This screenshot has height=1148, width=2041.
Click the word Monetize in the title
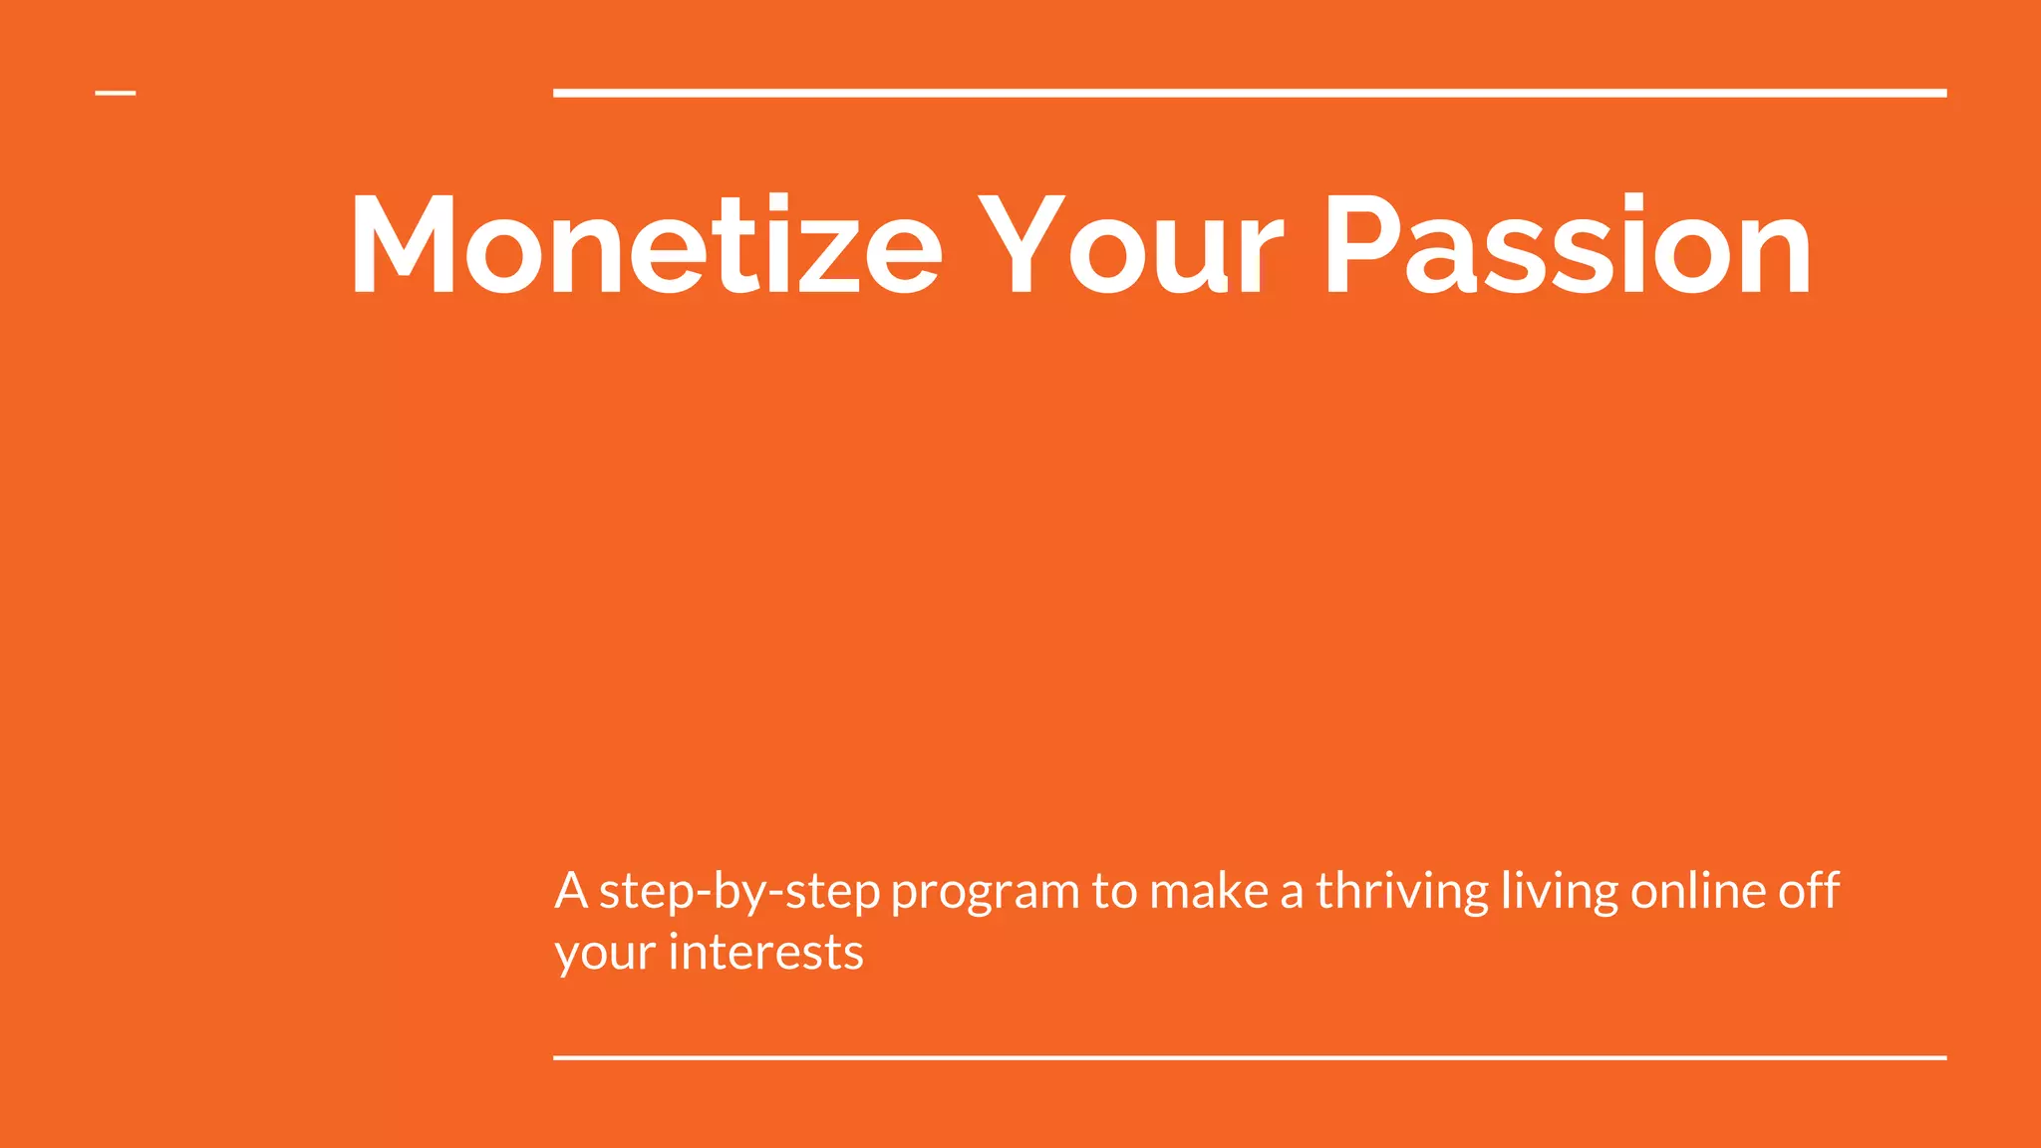646,245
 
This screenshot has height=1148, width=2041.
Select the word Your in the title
1129,245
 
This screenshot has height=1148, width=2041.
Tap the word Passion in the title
1567,245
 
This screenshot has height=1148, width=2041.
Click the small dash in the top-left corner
116,94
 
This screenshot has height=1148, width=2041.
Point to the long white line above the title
1250,93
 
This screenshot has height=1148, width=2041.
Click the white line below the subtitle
1250,1057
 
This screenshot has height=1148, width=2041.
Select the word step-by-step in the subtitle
739,892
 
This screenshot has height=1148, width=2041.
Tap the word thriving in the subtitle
1402,890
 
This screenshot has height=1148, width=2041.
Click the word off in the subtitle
1809,890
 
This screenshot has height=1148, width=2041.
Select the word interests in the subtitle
765,953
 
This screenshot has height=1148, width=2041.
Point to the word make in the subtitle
1209,890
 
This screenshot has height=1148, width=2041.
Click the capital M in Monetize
403,245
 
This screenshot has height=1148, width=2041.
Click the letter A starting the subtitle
571,890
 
